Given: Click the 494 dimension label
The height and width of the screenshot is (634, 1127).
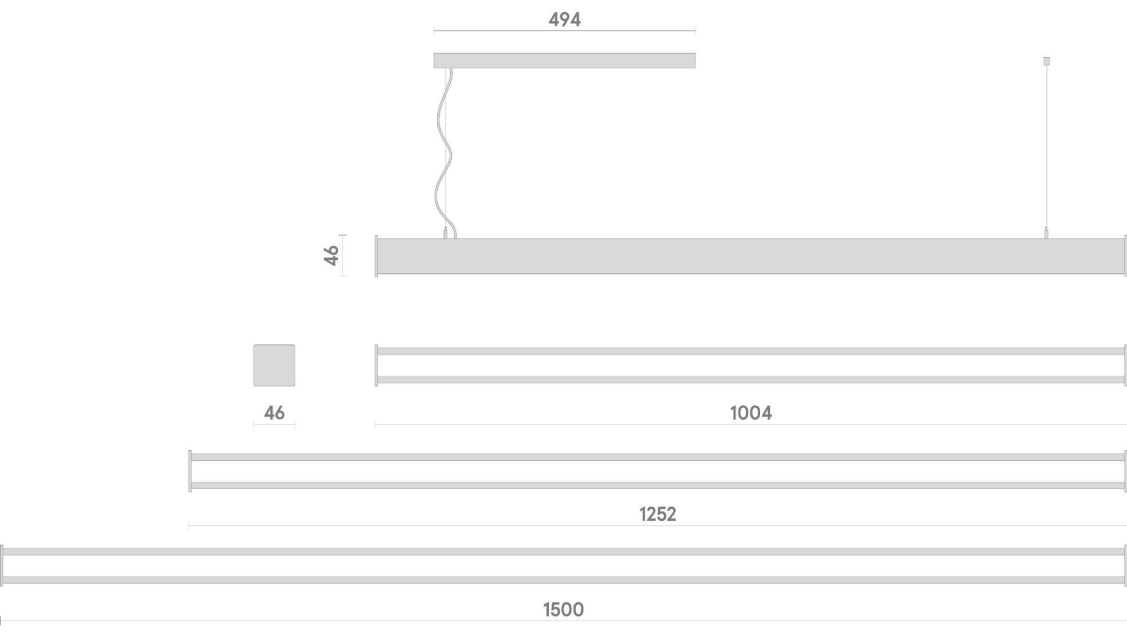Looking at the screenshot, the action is [564, 20].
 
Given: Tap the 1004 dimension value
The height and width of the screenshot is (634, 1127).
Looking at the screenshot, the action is [751, 413].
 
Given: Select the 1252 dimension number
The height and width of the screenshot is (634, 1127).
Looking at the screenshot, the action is [658, 514].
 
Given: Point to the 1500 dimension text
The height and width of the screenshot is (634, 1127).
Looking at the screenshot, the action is [563, 609].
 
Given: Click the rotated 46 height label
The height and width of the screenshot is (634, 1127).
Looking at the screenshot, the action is [331, 255].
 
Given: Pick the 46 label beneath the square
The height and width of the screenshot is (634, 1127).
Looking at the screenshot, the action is [274, 413].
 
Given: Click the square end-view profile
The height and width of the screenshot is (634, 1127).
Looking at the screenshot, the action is [274, 365].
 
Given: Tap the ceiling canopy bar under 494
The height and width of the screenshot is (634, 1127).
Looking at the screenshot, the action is [564, 60].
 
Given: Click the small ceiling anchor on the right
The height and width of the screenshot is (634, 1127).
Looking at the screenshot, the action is [1046, 61].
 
